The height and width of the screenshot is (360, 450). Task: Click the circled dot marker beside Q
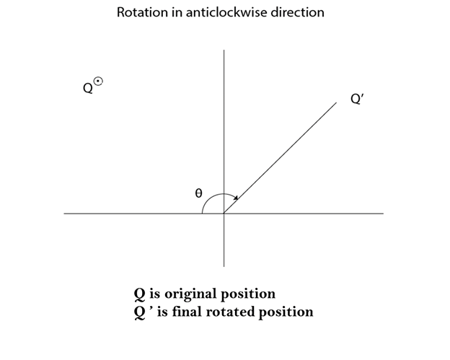(x=98, y=82)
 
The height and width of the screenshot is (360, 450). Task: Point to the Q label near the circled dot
(x=88, y=88)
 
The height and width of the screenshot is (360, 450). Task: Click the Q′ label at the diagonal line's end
(x=357, y=99)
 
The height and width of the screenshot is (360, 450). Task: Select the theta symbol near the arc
(x=198, y=193)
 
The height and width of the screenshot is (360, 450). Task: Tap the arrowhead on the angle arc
(x=236, y=198)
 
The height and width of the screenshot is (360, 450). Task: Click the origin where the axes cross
(x=224, y=214)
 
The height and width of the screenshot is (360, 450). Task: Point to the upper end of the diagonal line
(x=336, y=102)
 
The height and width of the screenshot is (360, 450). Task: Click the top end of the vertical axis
(x=224, y=50)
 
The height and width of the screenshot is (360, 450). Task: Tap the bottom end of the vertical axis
(x=224, y=267)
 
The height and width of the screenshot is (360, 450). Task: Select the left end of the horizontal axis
(x=64, y=214)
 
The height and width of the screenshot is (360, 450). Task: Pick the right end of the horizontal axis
(x=384, y=214)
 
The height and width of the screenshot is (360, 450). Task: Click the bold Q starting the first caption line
(x=140, y=294)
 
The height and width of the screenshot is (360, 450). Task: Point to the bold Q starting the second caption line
(x=140, y=312)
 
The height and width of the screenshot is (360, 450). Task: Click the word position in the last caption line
(x=286, y=312)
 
